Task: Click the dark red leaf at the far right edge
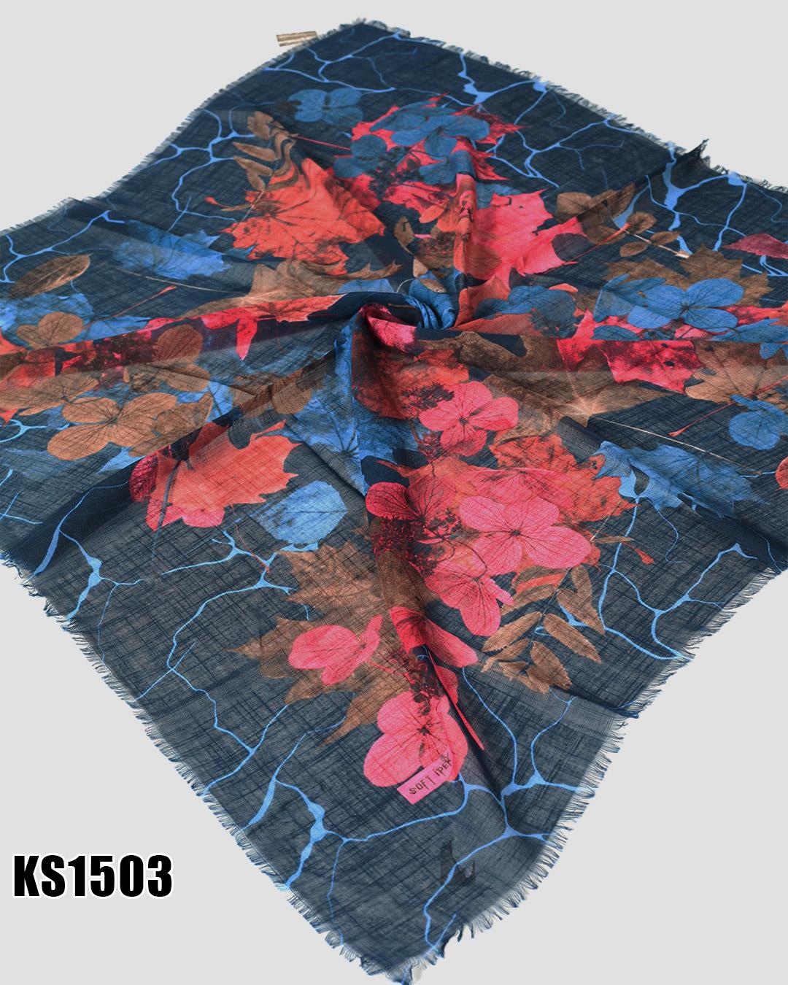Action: (762, 248)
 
